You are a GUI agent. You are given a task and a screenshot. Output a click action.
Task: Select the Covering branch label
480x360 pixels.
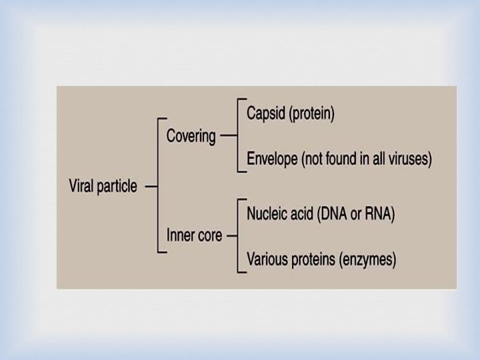coord(191,137)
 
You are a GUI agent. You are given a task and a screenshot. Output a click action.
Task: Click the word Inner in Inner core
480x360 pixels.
coord(180,235)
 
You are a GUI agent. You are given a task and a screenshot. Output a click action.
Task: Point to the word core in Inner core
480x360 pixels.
coord(210,235)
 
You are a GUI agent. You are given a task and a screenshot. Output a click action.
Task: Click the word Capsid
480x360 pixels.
coord(265,113)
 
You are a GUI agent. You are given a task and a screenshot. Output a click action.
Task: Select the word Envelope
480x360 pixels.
coord(272,159)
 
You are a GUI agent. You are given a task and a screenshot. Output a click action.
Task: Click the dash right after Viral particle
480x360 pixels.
coord(151,187)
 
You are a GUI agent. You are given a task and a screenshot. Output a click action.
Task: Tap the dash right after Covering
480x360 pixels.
coord(227,136)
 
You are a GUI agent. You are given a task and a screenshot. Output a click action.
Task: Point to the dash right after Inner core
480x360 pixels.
coord(232,235)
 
